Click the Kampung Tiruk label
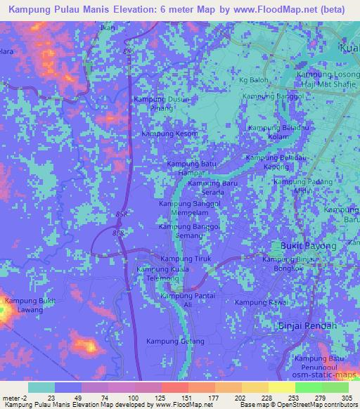click(x=181, y=259)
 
